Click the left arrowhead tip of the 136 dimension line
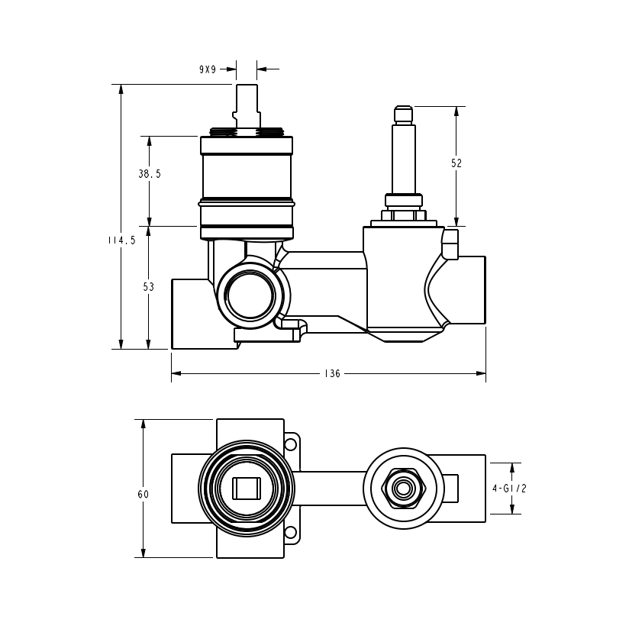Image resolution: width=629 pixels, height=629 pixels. click(172, 373)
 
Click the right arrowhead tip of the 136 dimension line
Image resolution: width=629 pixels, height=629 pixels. click(485, 373)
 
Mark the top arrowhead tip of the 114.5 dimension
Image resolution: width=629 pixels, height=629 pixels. click(121, 85)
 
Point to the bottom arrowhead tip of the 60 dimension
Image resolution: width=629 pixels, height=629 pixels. click(144, 557)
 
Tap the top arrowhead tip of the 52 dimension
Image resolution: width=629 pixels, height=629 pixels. click(456, 107)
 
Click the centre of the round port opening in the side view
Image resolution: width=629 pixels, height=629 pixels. click(250, 295)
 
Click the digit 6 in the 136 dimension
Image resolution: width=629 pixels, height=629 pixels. click(337, 374)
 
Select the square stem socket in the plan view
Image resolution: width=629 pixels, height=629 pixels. click(247, 489)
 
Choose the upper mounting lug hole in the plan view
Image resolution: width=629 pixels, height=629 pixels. click(290, 444)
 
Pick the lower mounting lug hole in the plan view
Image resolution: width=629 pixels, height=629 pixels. click(290, 533)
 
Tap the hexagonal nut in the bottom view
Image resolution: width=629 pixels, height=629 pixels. click(403, 489)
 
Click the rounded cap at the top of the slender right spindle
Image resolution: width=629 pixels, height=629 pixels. click(404, 115)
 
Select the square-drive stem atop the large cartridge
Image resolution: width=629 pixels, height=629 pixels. click(246, 106)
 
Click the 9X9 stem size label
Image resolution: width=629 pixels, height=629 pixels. click(208, 69)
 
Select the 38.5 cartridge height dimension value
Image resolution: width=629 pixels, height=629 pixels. click(150, 174)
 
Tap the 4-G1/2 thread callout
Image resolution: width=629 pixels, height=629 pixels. click(509, 489)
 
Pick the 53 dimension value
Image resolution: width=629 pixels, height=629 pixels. click(148, 287)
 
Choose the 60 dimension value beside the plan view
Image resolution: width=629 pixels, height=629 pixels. click(144, 494)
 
